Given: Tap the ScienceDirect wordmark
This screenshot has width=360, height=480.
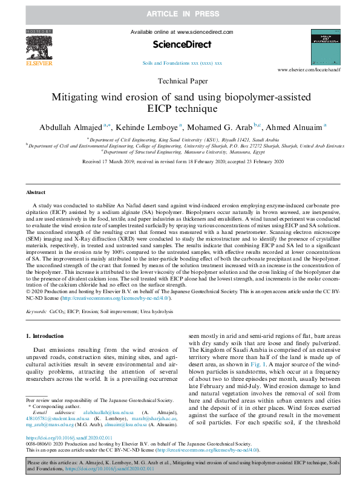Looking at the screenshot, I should [182, 44].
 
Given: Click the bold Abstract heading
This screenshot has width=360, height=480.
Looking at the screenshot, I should [36, 192].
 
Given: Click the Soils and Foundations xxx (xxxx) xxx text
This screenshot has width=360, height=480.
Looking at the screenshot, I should [182, 63].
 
